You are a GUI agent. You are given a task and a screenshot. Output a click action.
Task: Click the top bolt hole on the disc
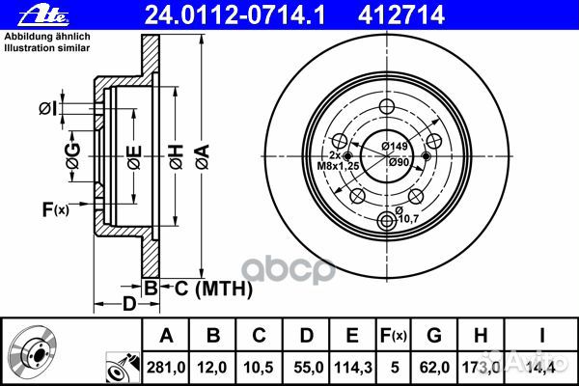pyautogui.click(x=388, y=107)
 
